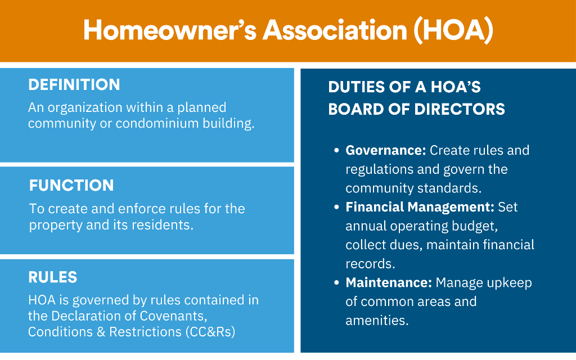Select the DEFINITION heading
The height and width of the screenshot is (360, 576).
click(x=74, y=85)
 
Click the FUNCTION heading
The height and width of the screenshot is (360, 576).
click(x=71, y=186)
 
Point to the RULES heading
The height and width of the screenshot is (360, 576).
click(x=53, y=277)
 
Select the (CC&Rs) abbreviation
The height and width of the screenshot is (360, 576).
click(x=209, y=332)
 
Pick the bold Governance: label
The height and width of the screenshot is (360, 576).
click(x=386, y=151)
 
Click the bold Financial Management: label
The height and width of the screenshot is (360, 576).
click(x=420, y=207)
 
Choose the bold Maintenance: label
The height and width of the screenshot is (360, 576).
click(x=389, y=282)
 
